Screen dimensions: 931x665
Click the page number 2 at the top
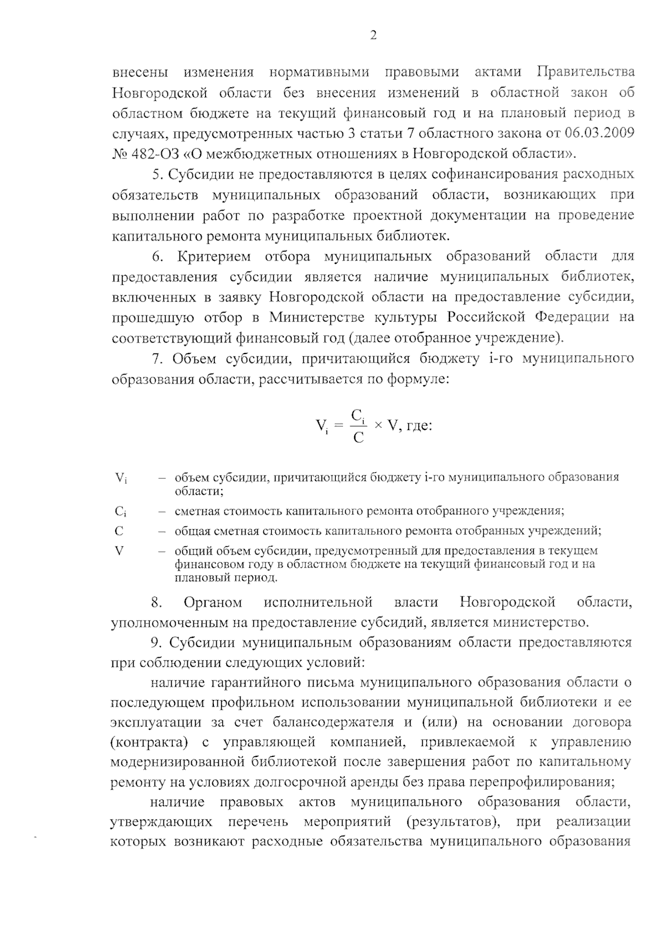pyautogui.click(x=372, y=36)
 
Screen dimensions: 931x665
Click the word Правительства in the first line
pyautogui.click(x=586, y=73)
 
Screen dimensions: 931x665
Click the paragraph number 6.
pyautogui.click(x=157, y=256)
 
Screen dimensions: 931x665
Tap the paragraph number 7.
pyautogui.click(x=157, y=359)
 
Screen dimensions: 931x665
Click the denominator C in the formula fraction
pyautogui.click(x=359, y=438)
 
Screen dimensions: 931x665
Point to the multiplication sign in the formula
pyautogui.click(x=378, y=426)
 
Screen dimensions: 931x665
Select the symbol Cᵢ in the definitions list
pyautogui.click(x=121, y=511)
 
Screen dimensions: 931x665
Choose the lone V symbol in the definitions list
pyautogui.click(x=119, y=551)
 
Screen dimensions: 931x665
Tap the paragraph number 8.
pyautogui.click(x=156, y=602)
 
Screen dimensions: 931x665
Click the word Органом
pyautogui.click(x=213, y=602)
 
